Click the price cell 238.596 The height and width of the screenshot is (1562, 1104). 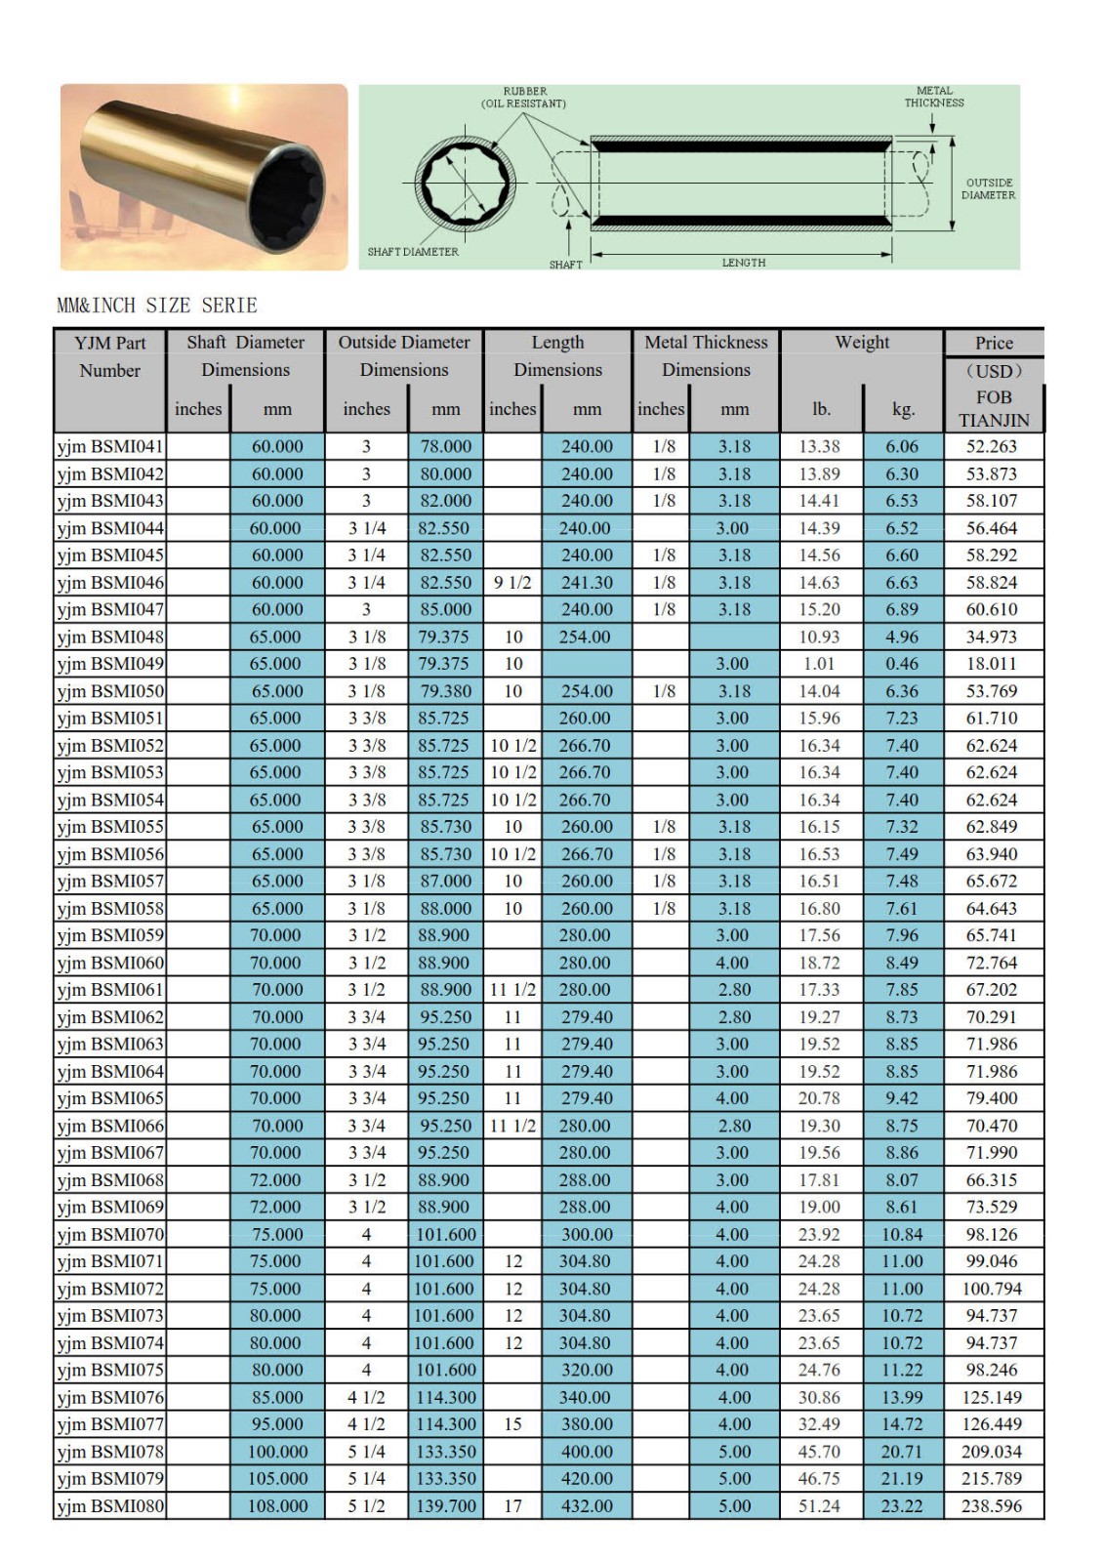991,1505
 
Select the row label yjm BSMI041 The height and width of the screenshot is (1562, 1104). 110,446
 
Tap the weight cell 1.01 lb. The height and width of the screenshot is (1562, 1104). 819,664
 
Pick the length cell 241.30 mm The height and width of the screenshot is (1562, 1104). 586,582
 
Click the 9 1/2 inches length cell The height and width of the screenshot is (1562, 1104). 512,582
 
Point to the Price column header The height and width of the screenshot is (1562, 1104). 993,343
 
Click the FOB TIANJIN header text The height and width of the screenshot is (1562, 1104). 993,409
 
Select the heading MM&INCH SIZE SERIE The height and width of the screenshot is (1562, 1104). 157,306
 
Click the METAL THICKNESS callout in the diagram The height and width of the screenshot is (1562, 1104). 933,97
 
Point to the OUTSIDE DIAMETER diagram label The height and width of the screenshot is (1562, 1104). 988,188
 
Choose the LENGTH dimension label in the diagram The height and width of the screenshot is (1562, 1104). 744,263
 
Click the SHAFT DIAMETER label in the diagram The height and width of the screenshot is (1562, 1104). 413,252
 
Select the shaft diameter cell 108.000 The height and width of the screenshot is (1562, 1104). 277,1505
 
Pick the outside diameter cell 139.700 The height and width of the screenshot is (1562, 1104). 446,1505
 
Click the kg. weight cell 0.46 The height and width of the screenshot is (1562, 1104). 902,664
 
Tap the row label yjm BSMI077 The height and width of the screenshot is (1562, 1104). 110,1424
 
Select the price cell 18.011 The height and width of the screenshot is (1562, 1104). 991,664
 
